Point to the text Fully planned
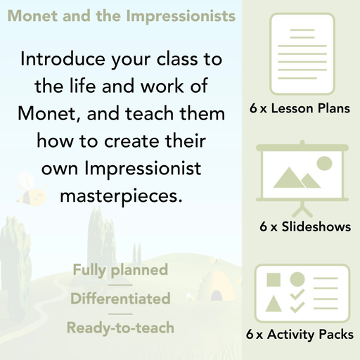(x=120, y=269)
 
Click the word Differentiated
(x=120, y=298)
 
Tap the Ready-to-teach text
(x=120, y=327)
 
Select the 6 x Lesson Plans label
(x=300, y=109)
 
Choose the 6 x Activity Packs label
(x=300, y=335)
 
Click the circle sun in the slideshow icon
(x=324, y=164)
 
